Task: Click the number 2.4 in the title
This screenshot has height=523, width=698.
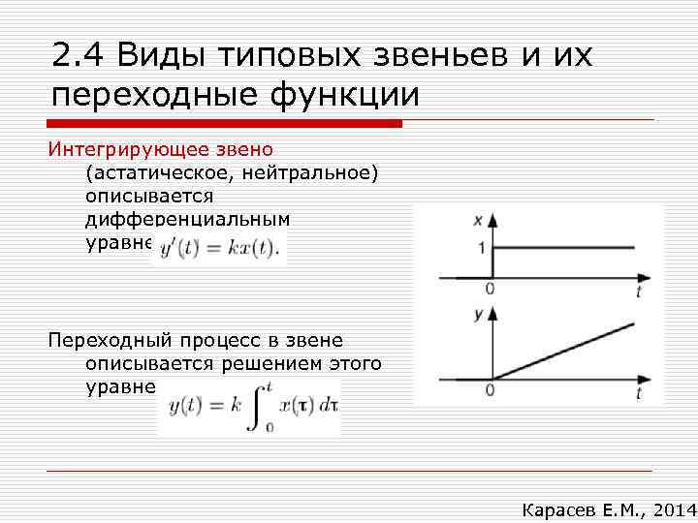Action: [x=79, y=56]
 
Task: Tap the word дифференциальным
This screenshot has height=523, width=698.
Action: [x=187, y=219]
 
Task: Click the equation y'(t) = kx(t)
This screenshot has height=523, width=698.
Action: [x=219, y=248]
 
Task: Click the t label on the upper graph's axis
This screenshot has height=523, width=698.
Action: [x=641, y=291]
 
